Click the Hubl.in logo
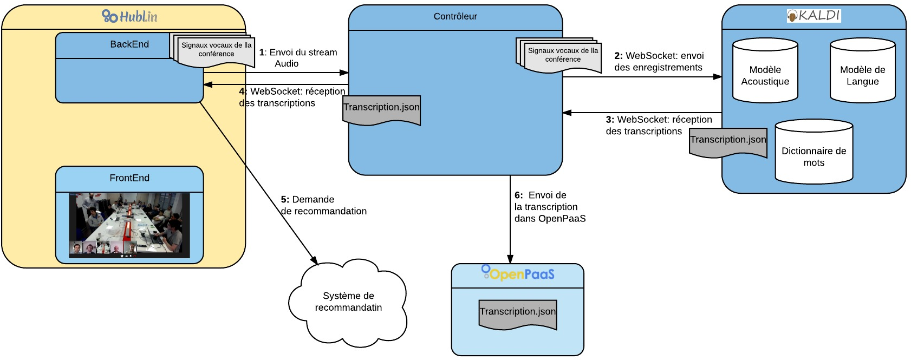[x=129, y=16]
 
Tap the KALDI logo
[x=814, y=16]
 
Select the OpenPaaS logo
[x=518, y=273]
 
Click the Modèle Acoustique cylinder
[x=765, y=71]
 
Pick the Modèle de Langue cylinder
[x=863, y=71]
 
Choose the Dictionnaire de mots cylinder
[x=814, y=152]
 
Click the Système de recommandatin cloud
[x=348, y=303]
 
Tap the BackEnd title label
[x=129, y=44]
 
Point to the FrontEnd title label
[x=129, y=178]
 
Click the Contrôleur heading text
[x=455, y=16]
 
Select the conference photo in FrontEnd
[x=129, y=226]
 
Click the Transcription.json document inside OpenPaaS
[x=518, y=315]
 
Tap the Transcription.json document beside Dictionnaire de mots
[x=728, y=142]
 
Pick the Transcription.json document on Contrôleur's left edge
[x=381, y=110]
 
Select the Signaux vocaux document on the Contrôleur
[x=559, y=56]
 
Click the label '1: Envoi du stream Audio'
[x=298, y=58]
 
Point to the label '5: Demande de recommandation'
[x=324, y=205]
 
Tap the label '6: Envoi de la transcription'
[x=550, y=207]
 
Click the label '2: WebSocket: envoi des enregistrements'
[x=659, y=61]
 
